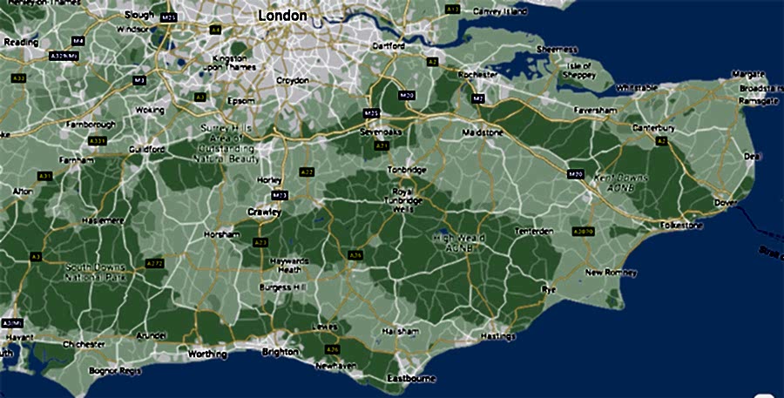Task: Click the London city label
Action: point(283,16)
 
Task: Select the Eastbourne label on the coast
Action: point(411,379)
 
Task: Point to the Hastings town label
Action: point(498,336)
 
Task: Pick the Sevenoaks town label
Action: point(379,132)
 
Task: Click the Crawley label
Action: point(264,212)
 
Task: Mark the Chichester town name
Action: point(85,344)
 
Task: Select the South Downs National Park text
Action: point(95,272)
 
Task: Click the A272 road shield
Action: point(155,263)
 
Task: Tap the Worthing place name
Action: point(207,354)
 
